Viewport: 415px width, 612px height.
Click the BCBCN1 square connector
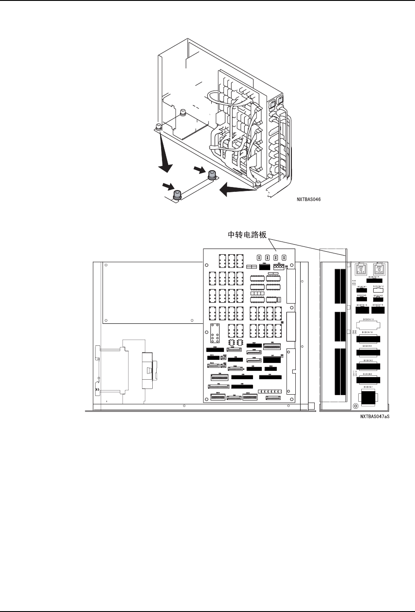pyautogui.click(x=368, y=397)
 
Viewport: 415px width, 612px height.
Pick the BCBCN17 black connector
pyautogui.click(x=374, y=280)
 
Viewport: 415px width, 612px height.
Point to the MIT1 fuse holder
pyautogui.click(x=361, y=269)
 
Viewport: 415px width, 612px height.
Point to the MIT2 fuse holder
pyautogui.click(x=378, y=269)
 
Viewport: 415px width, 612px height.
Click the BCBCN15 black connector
pyautogui.click(x=362, y=310)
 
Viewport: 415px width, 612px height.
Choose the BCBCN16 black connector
pyautogui.click(x=378, y=310)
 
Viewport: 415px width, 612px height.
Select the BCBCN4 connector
pyautogui.click(x=368, y=352)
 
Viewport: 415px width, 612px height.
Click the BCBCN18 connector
pyautogui.click(x=368, y=339)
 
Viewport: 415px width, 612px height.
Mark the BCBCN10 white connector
pyautogui.click(x=378, y=291)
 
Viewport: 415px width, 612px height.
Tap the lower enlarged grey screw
pyautogui.click(x=178, y=194)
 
